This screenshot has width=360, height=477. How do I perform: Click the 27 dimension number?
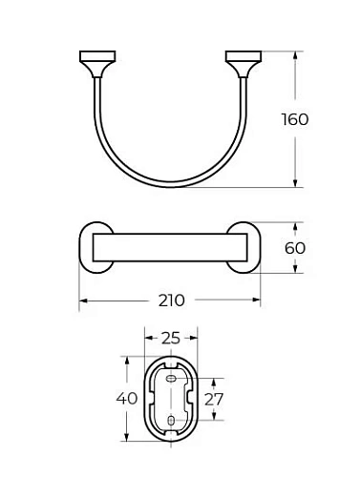215,399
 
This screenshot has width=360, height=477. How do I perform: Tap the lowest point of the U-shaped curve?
168,184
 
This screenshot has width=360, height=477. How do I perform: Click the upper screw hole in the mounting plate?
170,380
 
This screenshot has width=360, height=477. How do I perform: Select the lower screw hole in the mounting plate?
170,420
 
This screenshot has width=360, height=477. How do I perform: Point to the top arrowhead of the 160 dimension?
294,54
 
